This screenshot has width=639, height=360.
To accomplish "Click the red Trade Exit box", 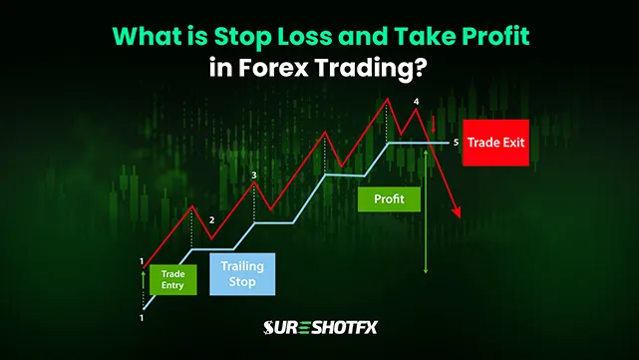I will pyautogui.click(x=495, y=143).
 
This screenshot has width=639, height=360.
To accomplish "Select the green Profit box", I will pyautogui.click(x=389, y=198).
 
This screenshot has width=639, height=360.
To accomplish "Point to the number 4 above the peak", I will pyautogui.click(x=417, y=102).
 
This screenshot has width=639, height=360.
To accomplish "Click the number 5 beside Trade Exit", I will pyautogui.click(x=455, y=143).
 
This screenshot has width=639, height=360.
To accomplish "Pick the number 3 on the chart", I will pyautogui.click(x=254, y=176).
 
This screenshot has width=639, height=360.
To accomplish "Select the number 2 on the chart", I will pyautogui.click(x=211, y=219).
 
